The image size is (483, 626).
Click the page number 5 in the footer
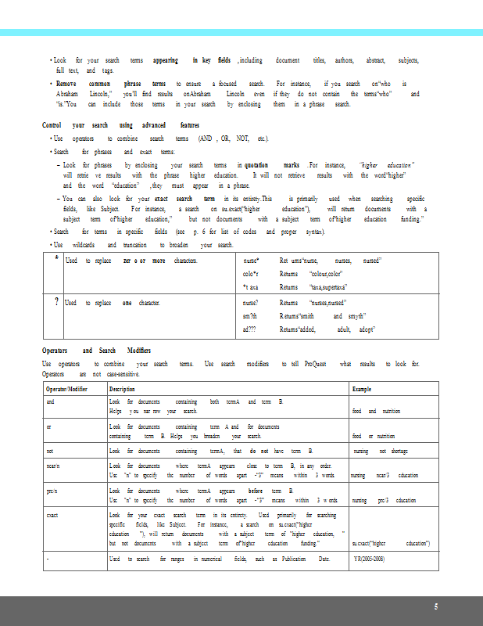pyautogui.click(x=436, y=606)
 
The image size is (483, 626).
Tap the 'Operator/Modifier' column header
pyautogui.click(x=66, y=389)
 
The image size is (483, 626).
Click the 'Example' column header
pyautogui.click(x=362, y=389)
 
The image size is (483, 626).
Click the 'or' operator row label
pyautogui.click(x=48, y=426)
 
